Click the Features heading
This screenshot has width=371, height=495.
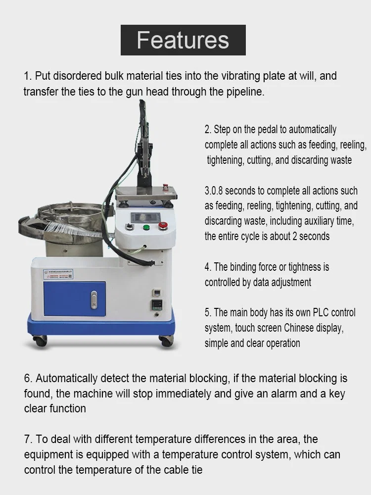[x=183, y=40]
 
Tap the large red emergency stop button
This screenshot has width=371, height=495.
[x=162, y=226]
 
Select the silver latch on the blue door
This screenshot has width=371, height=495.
[x=94, y=300]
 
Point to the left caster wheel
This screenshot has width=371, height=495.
[x=40, y=341]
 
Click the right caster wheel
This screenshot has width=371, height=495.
[x=166, y=341]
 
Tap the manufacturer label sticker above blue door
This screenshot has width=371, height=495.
[x=57, y=274]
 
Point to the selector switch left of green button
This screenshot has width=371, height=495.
[x=130, y=227]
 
